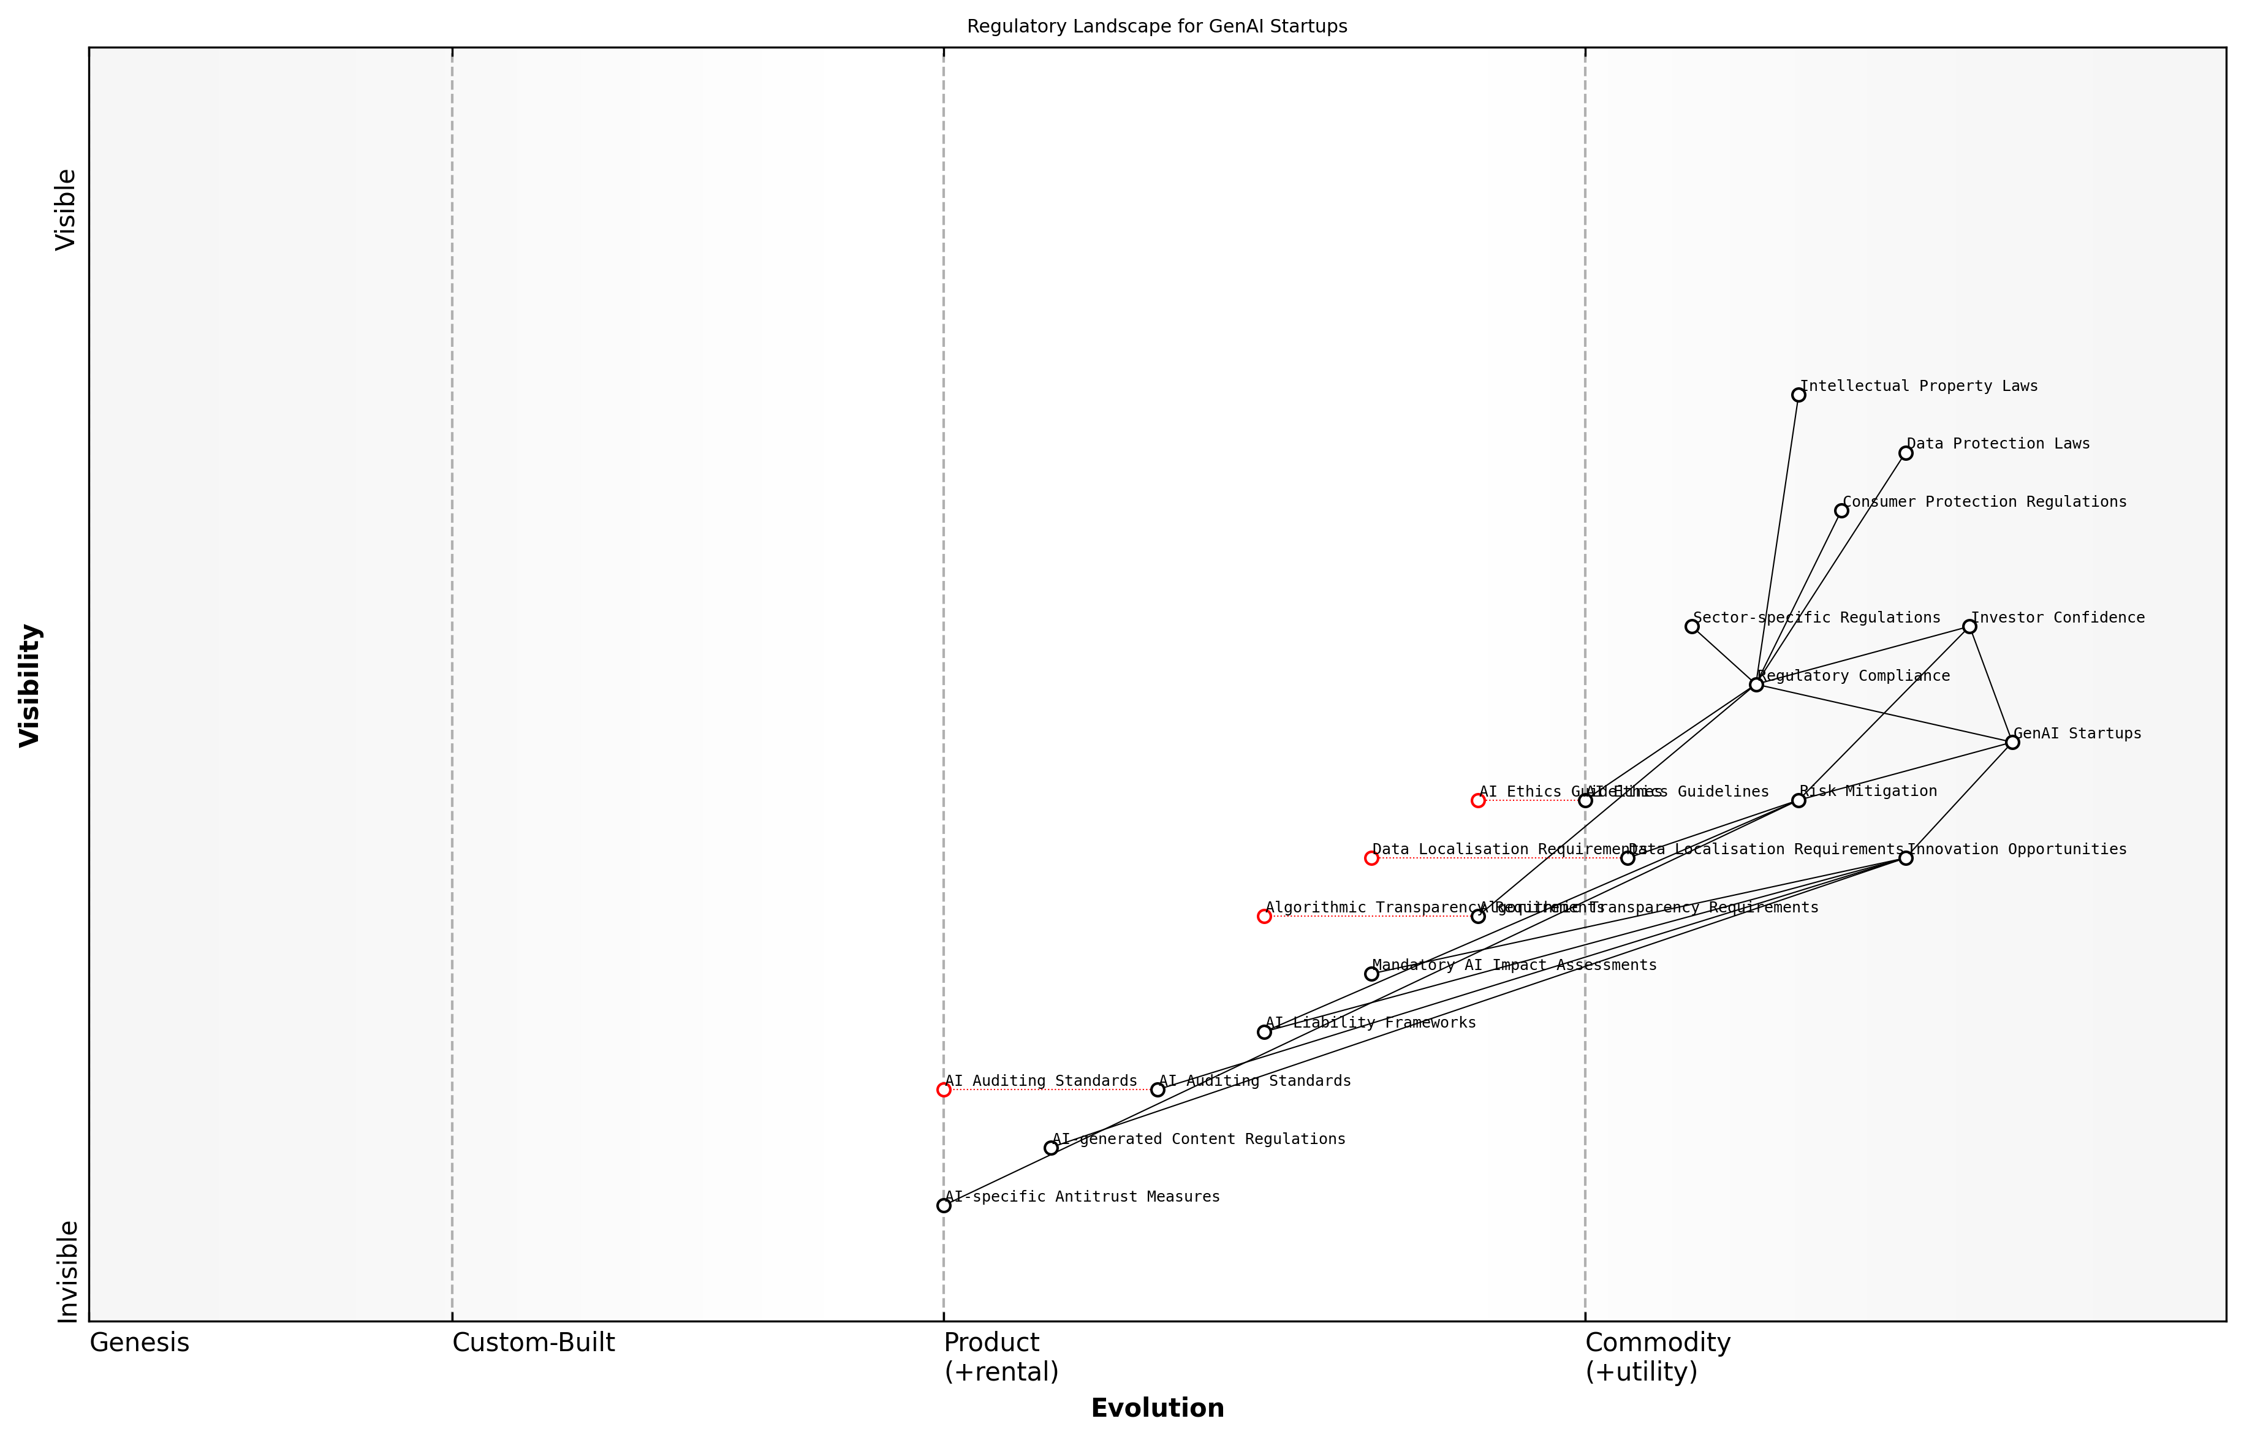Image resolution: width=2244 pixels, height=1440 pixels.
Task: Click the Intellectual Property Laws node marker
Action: tap(1798, 395)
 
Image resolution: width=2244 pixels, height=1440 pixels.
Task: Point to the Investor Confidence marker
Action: tap(1969, 626)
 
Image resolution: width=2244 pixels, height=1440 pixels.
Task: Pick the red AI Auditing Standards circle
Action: tap(944, 1089)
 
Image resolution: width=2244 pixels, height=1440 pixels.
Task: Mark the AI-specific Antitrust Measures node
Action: tap(944, 1205)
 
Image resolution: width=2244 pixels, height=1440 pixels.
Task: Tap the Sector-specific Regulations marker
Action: tap(1691, 626)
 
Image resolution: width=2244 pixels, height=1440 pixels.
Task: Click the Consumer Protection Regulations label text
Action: tap(1984, 502)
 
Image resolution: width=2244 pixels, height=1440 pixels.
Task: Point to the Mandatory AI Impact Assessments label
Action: tap(1514, 965)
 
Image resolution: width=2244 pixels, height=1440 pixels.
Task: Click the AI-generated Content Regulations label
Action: tap(1199, 1139)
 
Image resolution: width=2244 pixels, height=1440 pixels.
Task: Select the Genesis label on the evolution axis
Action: tap(139, 1343)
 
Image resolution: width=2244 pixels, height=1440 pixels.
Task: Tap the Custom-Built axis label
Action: tap(533, 1343)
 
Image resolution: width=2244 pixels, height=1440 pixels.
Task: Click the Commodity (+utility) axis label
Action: tap(1657, 1356)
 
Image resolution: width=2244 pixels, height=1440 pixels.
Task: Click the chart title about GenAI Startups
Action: tap(1156, 26)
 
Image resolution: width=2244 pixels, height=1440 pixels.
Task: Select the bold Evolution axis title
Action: tap(1156, 1408)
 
